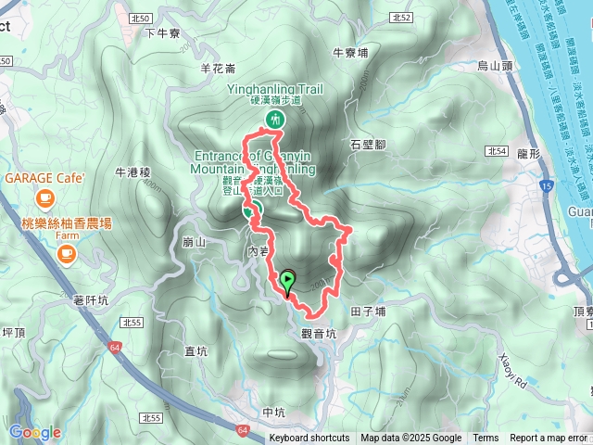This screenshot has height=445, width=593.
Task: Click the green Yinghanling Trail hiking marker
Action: [x=275, y=119]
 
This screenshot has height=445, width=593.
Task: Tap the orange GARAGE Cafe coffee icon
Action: [x=44, y=197]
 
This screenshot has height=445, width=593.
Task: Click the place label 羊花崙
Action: [x=218, y=67]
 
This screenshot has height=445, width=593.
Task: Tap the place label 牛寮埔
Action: [x=350, y=52]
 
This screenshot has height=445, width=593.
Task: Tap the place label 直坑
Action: [x=196, y=350]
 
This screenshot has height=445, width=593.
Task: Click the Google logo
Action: [x=34, y=432]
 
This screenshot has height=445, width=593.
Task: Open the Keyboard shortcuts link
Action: [x=309, y=439]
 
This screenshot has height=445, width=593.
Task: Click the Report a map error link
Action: [x=549, y=439]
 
